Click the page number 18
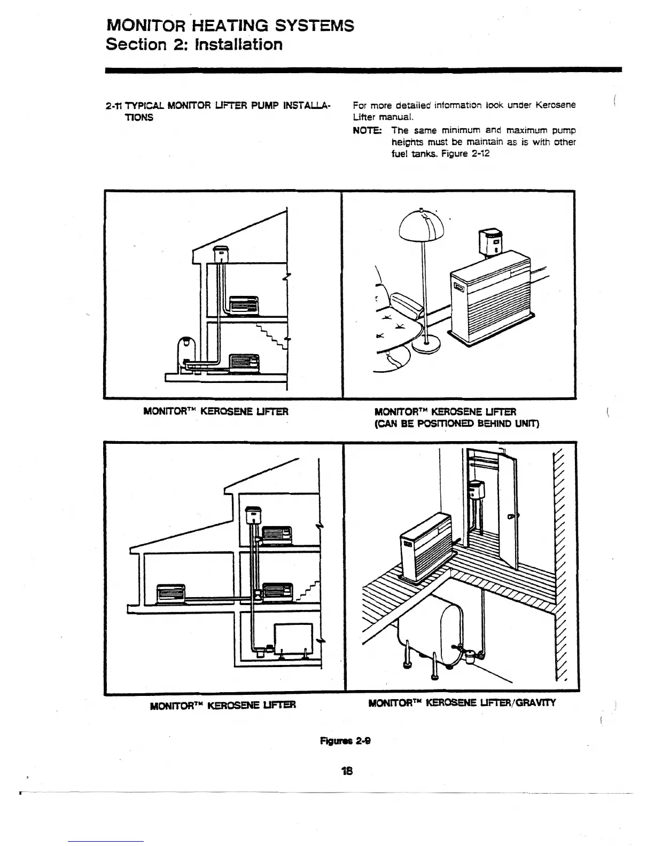pyautogui.click(x=347, y=771)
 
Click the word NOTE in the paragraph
pyautogui.click(x=367, y=130)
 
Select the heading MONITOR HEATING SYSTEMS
pyautogui.click(x=230, y=25)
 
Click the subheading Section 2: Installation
pyautogui.click(x=194, y=44)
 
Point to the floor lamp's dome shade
pyautogui.click(x=422, y=224)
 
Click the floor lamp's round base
pyautogui.click(x=426, y=346)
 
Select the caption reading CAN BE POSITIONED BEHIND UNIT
pyautogui.click(x=457, y=424)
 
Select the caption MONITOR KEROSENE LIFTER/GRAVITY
pyautogui.click(x=462, y=703)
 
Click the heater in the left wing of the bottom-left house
pyautogui.click(x=170, y=593)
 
